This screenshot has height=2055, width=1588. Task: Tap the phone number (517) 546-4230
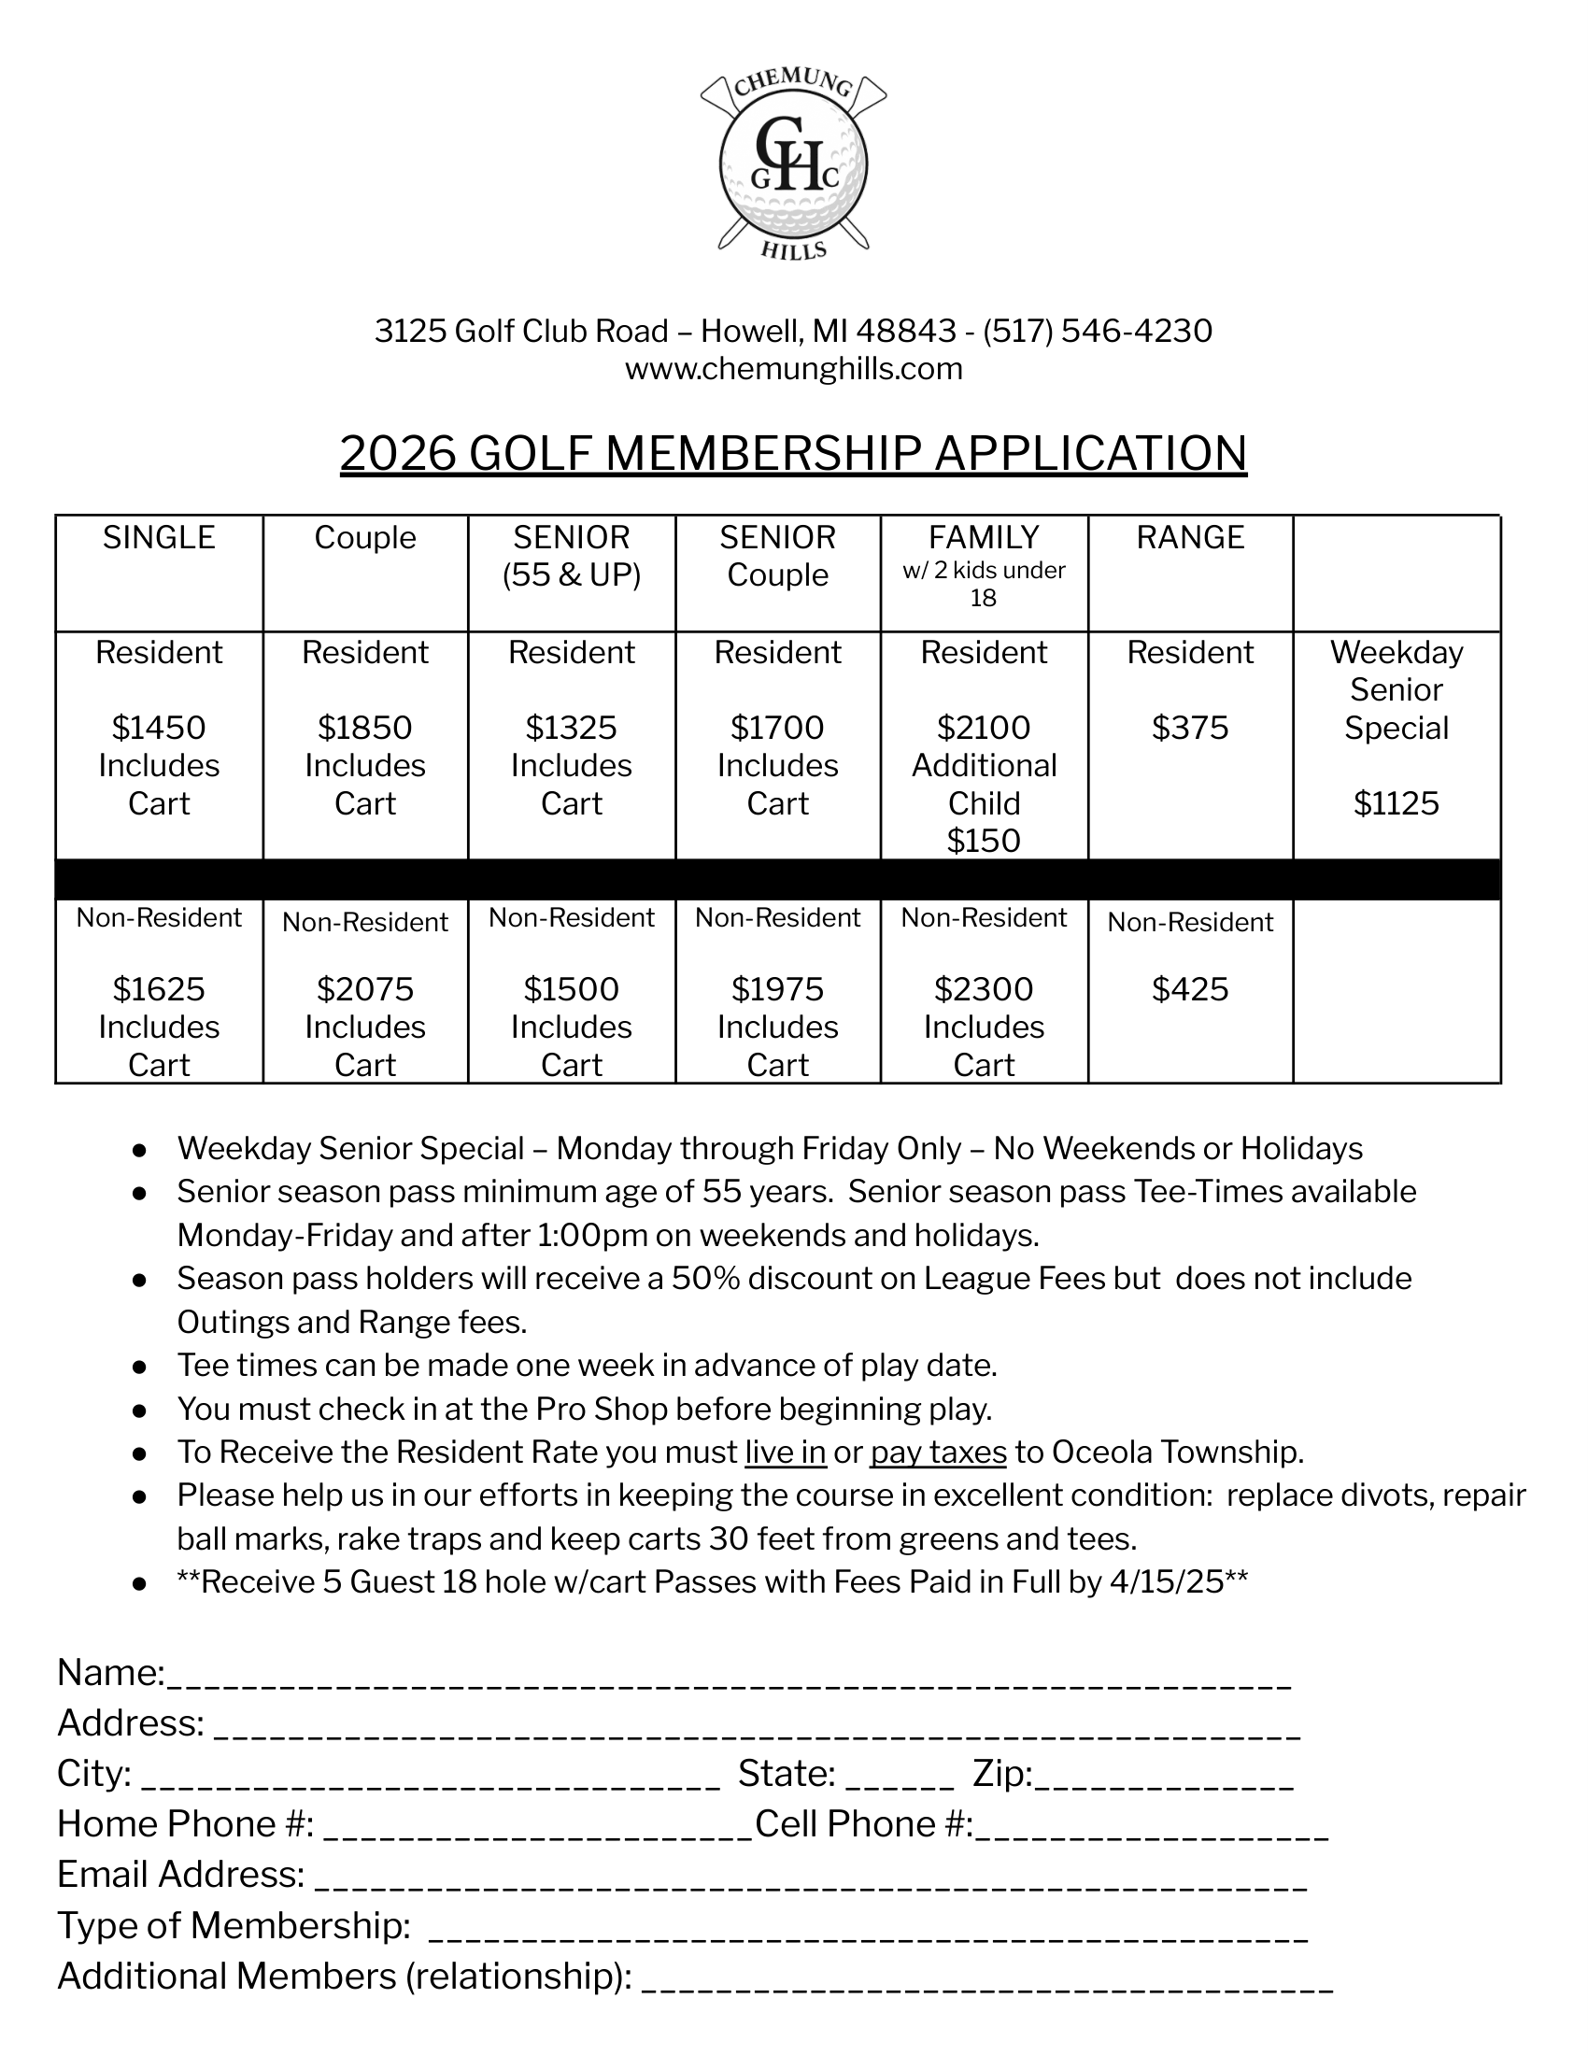1097,332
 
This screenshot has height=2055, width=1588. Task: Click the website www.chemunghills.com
793,369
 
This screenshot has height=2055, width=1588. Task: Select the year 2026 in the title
397,454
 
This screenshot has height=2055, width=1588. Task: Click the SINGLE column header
159,537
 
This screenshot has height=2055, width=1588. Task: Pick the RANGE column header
1190,537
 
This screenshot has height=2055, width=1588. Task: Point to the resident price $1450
159,728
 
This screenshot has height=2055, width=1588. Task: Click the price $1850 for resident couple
365,728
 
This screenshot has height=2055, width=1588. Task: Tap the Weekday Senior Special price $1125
1397,802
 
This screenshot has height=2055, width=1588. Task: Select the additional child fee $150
983,841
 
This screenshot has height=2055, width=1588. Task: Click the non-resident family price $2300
983,989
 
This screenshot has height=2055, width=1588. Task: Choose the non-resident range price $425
1190,989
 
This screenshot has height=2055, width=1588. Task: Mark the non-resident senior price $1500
571,989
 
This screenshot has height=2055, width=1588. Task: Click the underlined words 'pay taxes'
938,1452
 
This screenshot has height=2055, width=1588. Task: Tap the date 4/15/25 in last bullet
1167,1581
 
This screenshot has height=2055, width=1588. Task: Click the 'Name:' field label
111,1673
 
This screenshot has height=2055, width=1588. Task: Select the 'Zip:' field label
1003,1774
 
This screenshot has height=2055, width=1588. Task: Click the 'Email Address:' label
180,1875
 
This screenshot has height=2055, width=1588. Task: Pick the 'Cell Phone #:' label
864,1823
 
